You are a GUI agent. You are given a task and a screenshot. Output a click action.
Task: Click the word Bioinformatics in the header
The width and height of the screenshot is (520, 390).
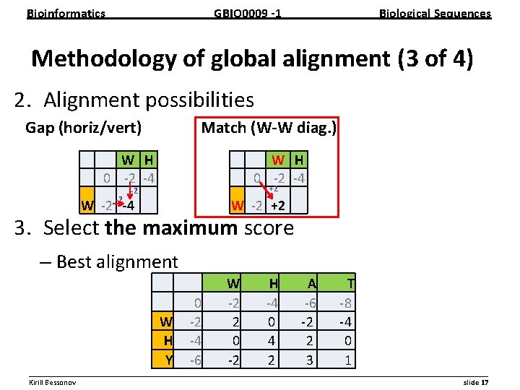66,13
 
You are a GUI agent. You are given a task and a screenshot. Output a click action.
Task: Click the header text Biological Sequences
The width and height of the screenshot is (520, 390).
435,13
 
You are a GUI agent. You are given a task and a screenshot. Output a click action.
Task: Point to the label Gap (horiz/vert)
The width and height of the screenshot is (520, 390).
83,128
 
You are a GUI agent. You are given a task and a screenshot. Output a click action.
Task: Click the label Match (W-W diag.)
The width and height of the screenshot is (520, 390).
269,128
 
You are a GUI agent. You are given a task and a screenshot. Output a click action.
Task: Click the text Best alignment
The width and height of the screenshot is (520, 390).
116,261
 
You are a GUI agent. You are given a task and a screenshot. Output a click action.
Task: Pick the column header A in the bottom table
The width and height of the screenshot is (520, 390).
311,284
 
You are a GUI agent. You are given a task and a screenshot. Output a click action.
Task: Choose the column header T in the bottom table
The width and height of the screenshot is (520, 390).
350,284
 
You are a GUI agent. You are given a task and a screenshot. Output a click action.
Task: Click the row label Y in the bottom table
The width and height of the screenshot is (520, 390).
169,360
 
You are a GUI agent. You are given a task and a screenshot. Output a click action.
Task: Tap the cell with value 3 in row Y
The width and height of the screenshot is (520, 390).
310,360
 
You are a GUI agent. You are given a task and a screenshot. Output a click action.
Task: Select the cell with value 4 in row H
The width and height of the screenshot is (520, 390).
273,340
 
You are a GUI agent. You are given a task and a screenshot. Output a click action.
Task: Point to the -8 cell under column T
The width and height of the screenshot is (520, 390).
347,303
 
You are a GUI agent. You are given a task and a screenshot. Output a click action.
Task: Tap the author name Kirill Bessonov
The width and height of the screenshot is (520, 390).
53,381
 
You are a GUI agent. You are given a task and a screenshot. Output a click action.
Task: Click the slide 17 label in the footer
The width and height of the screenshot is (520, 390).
476,381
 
